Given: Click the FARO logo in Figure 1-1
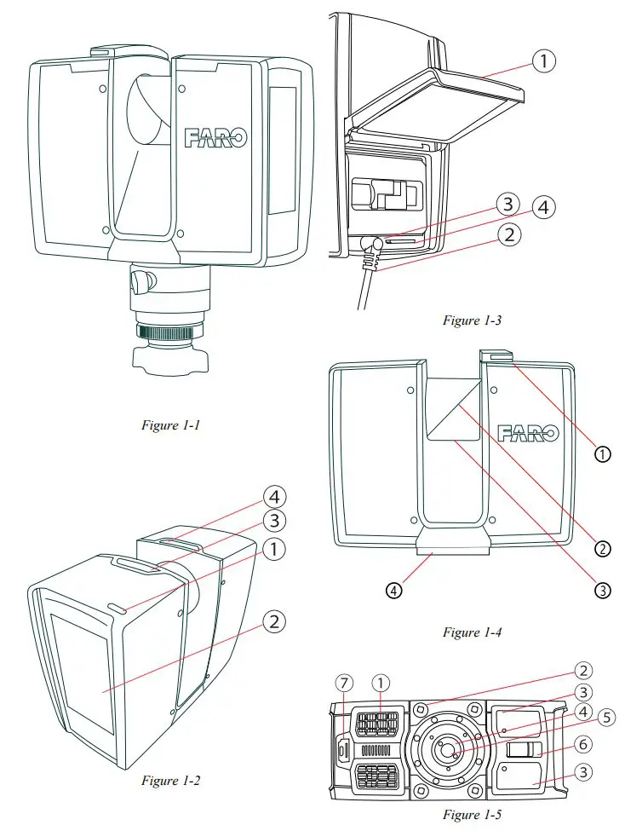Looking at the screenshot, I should pos(215,137).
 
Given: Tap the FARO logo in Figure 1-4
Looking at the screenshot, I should pos(528,433).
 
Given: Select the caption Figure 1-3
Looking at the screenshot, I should pos(473,320).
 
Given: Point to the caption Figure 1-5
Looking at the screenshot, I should pos(473,815).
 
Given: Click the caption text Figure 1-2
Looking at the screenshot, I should pos(170,781).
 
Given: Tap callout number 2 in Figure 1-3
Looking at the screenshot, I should pos(508,234).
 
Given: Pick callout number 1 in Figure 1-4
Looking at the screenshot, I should pos(602,454).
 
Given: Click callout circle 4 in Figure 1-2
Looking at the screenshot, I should pos(275,496).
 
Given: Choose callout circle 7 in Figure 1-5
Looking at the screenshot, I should pos(344,683).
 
